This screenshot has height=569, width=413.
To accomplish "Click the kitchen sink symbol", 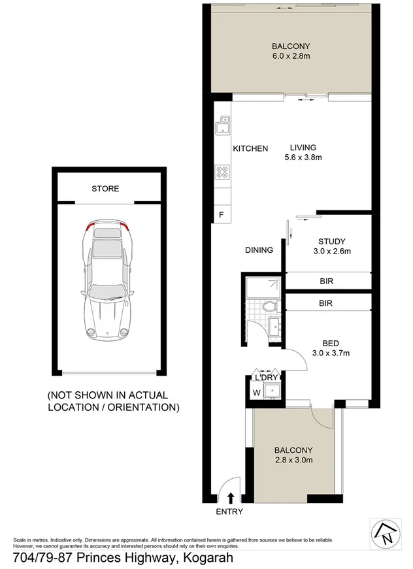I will (x=223, y=121).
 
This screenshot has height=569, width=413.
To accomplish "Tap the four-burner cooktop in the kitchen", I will (x=223, y=173).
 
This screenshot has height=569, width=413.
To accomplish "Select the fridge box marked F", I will (x=222, y=214).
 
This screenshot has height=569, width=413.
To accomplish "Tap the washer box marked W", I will (x=257, y=393).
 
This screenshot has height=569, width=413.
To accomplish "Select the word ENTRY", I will (x=229, y=512).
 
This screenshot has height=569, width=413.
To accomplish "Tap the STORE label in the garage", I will (x=105, y=189).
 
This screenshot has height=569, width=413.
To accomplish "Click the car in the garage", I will (x=107, y=280).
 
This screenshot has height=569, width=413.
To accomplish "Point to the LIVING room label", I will (x=303, y=148).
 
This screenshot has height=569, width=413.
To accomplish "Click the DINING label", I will (x=259, y=250).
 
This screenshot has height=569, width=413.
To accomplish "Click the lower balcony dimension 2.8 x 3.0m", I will (x=293, y=460).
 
